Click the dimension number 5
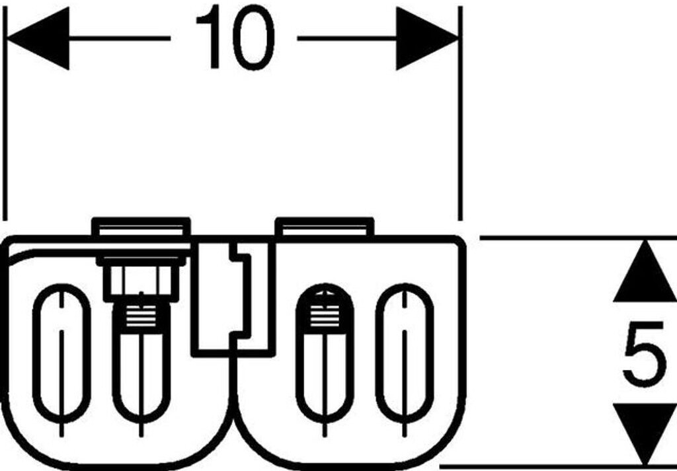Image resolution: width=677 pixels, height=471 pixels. pyautogui.click(x=643, y=353)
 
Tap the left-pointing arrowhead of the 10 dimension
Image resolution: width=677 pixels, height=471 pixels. pyautogui.click(x=40, y=38)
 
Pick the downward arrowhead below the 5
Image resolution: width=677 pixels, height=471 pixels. pyautogui.click(x=644, y=433)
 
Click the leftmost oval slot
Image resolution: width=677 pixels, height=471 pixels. pyautogui.click(x=61, y=353)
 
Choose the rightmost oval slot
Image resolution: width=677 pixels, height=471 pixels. pyautogui.click(x=405, y=353)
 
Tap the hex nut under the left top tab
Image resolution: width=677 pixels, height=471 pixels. pyautogui.click(x=141, y=279)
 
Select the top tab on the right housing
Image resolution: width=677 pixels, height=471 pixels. pyautogui.click(x=324, y=227)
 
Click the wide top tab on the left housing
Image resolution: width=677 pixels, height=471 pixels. pyautogui.click(x=141, y=228)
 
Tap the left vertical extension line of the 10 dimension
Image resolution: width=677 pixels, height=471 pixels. pyautogui.click(x=5, y=132)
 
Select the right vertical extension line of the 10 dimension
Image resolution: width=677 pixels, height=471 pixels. pyautogui.click(x=460, y=132)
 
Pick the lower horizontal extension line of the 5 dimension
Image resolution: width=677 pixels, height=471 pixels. pyautogui.click(x=562, y=466)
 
